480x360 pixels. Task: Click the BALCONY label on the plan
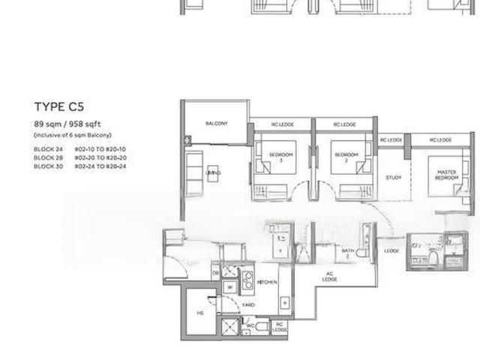coord(217,123)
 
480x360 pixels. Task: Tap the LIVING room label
coord(213,173)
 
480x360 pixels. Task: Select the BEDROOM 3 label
coord(281,157)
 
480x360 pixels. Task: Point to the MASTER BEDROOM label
coord(447,175)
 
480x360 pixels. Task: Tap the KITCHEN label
coord(268,282)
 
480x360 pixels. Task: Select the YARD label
coord(249,305)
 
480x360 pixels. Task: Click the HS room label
coord(200,313)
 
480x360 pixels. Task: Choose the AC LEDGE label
coord(328,277)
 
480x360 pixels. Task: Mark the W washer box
coord(230,286)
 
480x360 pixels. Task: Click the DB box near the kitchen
coord(215,274)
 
